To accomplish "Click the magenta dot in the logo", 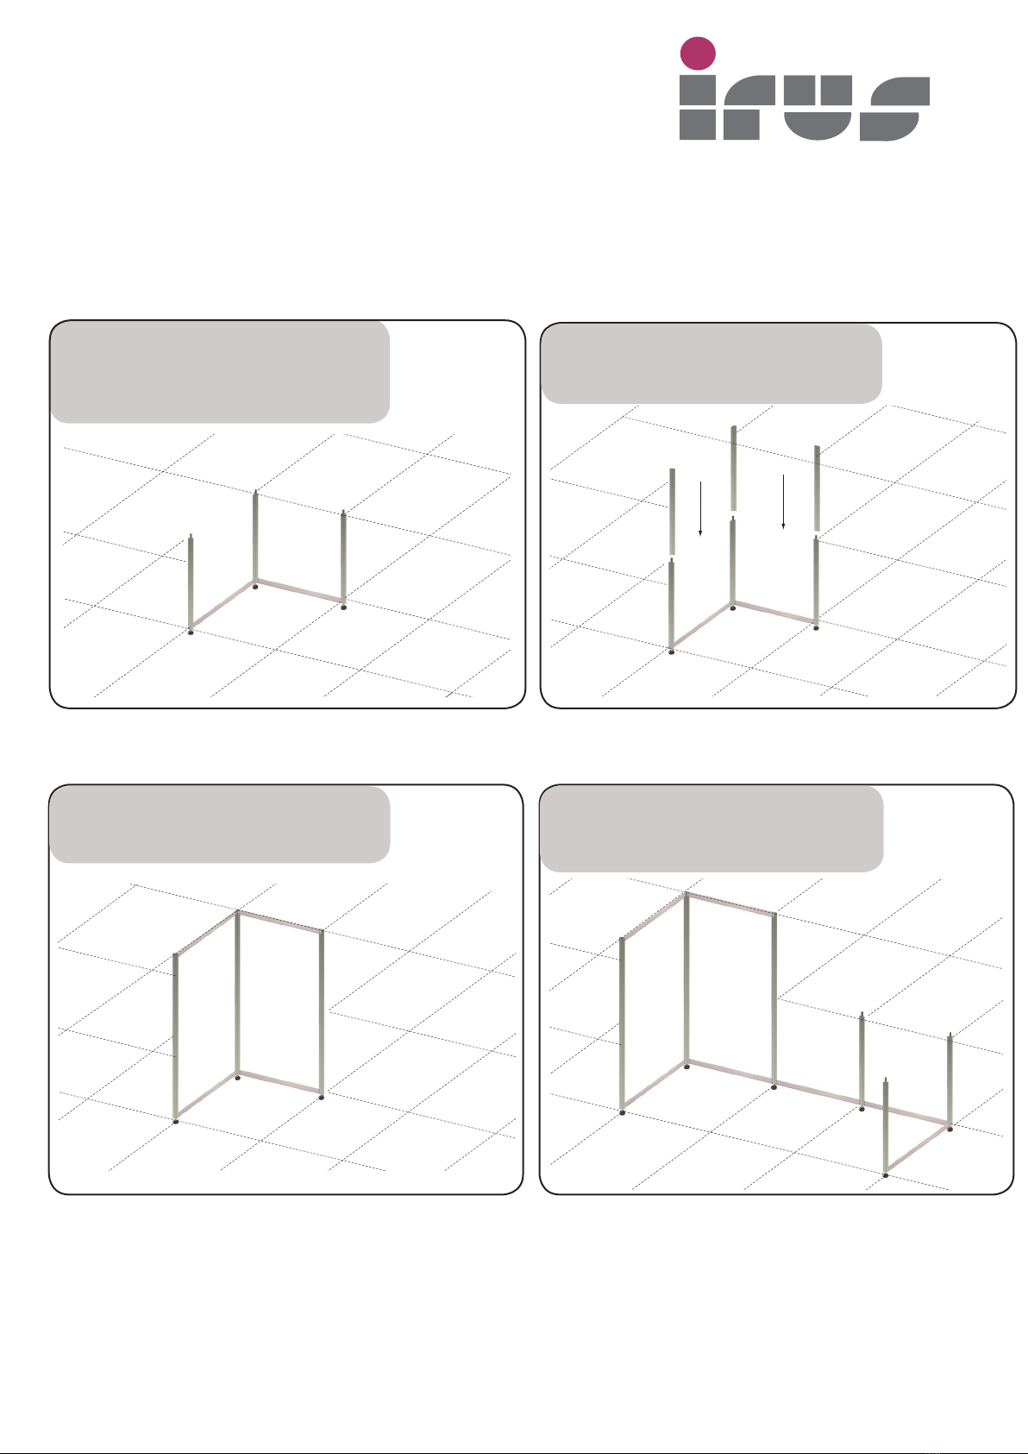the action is pos(697,54).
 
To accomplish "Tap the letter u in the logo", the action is pos(818,107).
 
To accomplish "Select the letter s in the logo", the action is pos(895,109).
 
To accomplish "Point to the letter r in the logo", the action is pos(749,107).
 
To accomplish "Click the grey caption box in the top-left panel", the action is pos(220,372).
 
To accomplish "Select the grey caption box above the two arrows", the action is pos(711,363).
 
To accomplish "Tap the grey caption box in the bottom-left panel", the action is pos(220,824).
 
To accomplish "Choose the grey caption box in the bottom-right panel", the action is pos(711,829).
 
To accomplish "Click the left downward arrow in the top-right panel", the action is pos(700,509).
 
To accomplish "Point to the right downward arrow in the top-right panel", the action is pos(783,501).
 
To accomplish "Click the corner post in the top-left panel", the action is pos(255,538).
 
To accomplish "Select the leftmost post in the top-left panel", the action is pos(191,582).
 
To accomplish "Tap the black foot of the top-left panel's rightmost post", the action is pos(344,607).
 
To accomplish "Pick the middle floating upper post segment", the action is pos(734,468).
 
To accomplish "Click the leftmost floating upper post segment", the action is pos(672,512).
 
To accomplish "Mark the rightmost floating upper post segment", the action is pos(818,488).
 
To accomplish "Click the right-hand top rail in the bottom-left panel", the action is pos(279,922).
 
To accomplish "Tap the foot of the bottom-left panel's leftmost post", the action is pos(176,1122).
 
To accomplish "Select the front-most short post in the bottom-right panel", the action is pos(886,1125).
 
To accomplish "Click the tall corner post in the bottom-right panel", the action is pos(686,979).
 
